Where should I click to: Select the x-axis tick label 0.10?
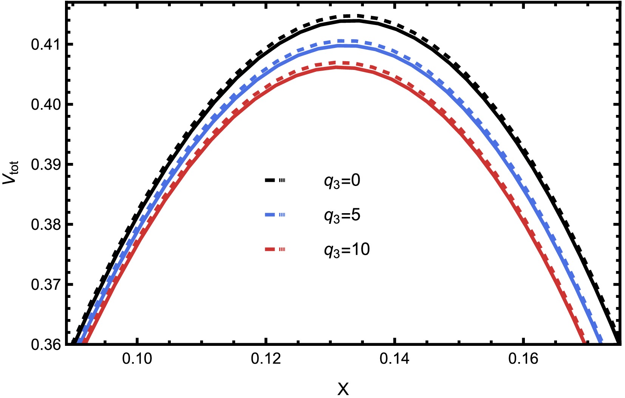(x=138, y=358)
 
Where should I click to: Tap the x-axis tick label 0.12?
(x=266, y=358)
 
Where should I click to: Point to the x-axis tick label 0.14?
(x=394, y=358)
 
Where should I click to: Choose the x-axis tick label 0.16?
(x=523, y=358)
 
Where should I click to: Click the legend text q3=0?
(x=342, y=181)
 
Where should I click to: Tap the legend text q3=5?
(x=342, y=215)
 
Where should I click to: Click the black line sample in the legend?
(x=275, y=181)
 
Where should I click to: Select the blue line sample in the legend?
(x=275, y=215)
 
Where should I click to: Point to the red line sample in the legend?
(x=275, y=249)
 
